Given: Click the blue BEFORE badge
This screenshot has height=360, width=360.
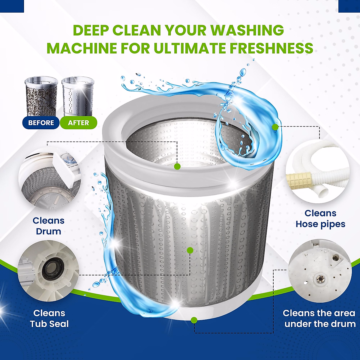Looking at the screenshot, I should [x=41, y=123].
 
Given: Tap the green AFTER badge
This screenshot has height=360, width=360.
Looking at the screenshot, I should [x=78, y=123].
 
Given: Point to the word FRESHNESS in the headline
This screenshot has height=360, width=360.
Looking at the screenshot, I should [x=272, y=48].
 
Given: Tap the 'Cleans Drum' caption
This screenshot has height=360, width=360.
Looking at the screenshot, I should [x=48, y=226].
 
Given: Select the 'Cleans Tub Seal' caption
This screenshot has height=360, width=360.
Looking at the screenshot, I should [x=49, y=318].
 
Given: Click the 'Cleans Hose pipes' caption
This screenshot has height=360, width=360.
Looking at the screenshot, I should [x=320, y=218].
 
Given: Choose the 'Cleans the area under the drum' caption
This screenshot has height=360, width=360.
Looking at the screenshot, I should [x=319, y=318].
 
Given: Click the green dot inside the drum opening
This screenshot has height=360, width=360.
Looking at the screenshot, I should [x=177, y=166].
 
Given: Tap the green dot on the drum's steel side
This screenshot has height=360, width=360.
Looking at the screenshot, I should [x=190, y=250].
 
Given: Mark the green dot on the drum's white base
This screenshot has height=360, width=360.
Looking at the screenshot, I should [x=194, y=320].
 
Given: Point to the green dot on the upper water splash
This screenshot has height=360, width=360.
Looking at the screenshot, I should [x=275, y=127].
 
